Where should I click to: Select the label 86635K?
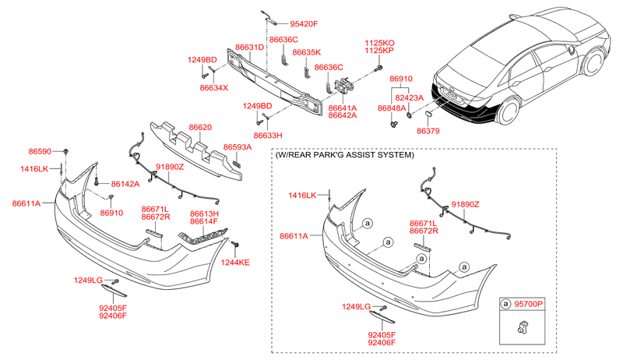pos(306,52)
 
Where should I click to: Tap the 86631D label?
pos(250,48)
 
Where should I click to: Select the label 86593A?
pos(238,146)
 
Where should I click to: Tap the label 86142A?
pos(125,184)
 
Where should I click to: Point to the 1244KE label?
pos(234,263)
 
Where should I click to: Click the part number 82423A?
pos(409,98)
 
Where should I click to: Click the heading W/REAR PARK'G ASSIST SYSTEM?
pos(343,154)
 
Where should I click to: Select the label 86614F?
pos(205,221)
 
